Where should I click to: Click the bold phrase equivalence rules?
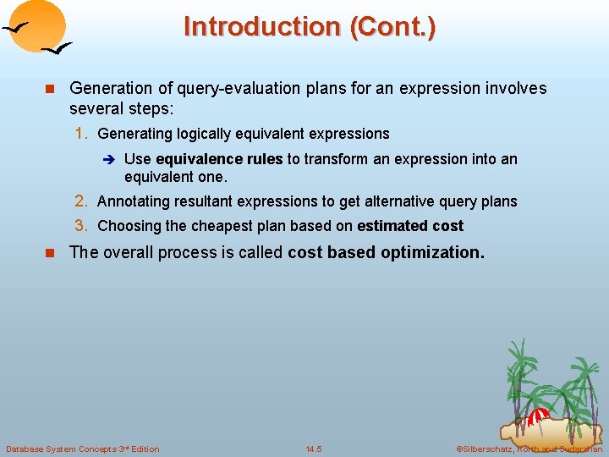coord(219,159)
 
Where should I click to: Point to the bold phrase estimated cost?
coord(410,226)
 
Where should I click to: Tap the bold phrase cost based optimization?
coord(386,252)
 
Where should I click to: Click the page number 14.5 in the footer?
coord(314,449)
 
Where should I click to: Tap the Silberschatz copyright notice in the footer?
coord(529,449)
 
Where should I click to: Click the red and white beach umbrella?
coord(538,417)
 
